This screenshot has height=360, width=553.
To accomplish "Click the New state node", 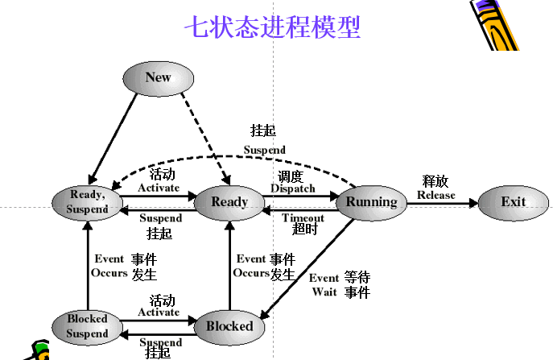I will (159, 77).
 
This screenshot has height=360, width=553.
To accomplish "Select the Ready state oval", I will (229, 201).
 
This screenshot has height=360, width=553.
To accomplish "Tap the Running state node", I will (372, 201).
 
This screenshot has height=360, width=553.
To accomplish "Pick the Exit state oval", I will (513, 201).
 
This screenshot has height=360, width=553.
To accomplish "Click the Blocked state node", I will (229, 326).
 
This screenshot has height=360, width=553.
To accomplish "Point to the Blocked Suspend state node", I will (87, 326).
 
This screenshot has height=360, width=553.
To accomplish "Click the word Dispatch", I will (293, 188).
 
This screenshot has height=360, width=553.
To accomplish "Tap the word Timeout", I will (303, 218).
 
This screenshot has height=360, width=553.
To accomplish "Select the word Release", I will (435, 195).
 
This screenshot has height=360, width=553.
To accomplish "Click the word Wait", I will (324, 292).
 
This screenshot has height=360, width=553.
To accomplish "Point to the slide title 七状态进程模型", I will (272, 27).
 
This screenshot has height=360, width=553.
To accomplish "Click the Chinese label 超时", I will (305, 230).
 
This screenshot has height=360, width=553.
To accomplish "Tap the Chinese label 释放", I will (435, 181).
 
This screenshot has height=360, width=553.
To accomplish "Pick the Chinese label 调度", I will (291, 176).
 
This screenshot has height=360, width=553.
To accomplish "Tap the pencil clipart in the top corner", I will (498, 24).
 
